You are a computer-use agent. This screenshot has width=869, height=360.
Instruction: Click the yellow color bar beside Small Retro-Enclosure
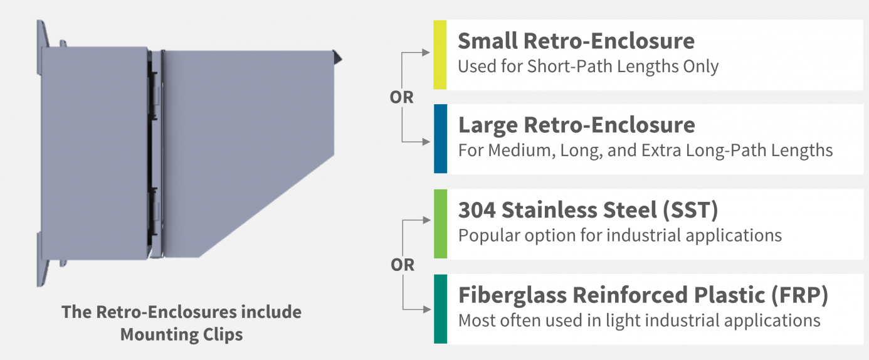click(x=440, y=55)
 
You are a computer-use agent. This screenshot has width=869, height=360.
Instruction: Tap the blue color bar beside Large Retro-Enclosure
click(x=440, y=139)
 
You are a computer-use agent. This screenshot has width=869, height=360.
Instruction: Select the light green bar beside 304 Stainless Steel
click(x=440, y=224)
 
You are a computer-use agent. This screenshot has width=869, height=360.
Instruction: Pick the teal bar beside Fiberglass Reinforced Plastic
click(x=440, y=309)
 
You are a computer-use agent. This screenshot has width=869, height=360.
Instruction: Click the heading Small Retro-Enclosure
click(x=576, y=41)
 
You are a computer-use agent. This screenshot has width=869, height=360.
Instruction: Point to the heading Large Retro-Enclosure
click(x=576, y=125)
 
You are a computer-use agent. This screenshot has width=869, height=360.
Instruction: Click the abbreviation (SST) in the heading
click(x=690, y=210)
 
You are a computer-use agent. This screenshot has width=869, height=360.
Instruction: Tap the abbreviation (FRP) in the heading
click(x=799, y=295)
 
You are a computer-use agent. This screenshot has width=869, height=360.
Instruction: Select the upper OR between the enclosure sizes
click(x=402, y=97)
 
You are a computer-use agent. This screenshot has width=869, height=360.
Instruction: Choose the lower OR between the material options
click(x=403, y=265)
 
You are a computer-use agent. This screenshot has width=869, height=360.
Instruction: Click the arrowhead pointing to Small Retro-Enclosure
click(x=426, y=53)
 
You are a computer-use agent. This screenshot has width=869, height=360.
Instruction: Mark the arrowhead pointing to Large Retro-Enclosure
click(x=426, y=142)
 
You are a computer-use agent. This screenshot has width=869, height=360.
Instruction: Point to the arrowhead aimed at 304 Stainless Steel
click(x=427, y=220)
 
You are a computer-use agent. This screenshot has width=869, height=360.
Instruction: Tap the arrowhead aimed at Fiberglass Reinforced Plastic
click(x=427, y=310)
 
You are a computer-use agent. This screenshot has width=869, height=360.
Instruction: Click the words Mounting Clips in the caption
click(x=182, y=335)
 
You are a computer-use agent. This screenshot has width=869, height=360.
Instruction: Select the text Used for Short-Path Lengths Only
click(x=588, y=66)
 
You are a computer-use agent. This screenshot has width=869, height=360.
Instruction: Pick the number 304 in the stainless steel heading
click(x=477, y=210)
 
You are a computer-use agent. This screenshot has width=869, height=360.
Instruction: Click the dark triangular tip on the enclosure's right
click(x=337, y=57)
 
